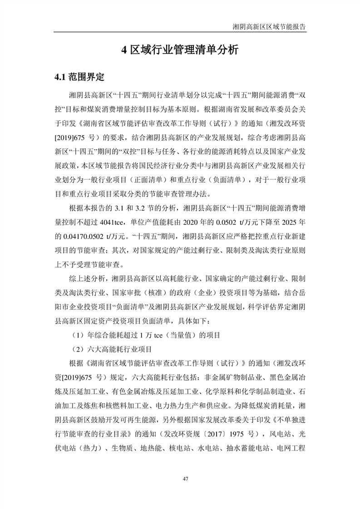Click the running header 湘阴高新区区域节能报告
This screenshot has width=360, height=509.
(268, 27)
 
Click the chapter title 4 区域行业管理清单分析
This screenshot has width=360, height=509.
(180, 50)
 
